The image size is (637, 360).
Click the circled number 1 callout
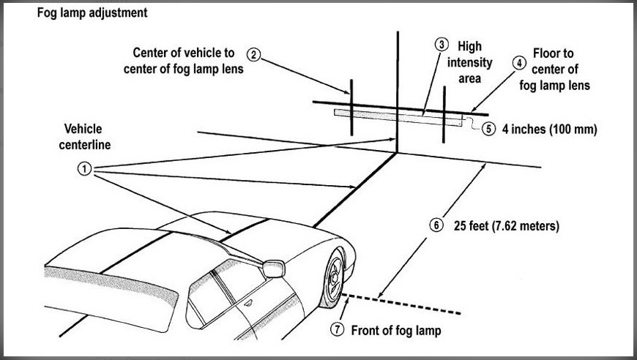click(x=84, y=168)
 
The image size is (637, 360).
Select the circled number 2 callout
click(x=253, y=55)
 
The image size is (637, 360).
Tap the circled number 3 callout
click(x=442, y=45)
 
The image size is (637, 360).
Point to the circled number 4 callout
click(x=519, y=64)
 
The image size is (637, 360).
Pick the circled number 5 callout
click(x=488, y=129)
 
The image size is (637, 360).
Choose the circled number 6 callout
click(x=436, y=225)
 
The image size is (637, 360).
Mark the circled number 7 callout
click(x=337, y=329)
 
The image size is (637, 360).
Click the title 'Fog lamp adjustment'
click(x=92, y=13)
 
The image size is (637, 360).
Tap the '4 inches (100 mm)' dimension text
click(x=550, y=130)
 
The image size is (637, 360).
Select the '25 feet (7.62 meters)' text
click(x=507, y=225)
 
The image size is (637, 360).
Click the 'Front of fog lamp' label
click(x=396, y=331)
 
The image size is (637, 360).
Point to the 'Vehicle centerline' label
click(x=84, y=137)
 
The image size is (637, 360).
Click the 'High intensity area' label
click(x=469, y=62)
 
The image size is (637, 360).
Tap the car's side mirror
click(x=273, y=269)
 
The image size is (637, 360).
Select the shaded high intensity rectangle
click(x=398, y=117)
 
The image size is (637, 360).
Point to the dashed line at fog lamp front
click(x=401, y=304)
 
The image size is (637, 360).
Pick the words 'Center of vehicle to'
click(x=184, y=53)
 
